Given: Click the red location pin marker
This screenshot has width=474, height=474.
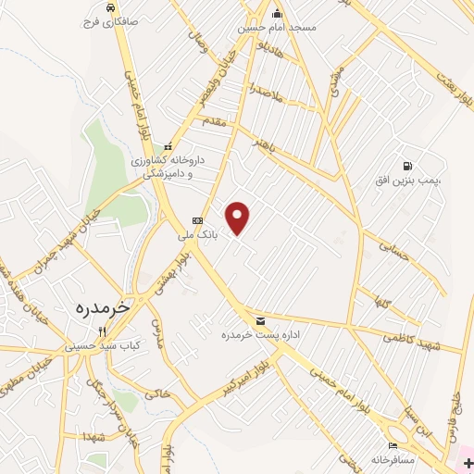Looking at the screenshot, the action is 239,217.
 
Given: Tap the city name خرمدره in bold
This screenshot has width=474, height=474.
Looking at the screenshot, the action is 103,305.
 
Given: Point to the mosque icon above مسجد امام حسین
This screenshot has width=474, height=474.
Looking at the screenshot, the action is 277,13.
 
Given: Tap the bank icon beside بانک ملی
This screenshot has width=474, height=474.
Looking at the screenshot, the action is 196,220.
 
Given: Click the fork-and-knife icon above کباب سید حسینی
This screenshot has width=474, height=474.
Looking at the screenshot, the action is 104,331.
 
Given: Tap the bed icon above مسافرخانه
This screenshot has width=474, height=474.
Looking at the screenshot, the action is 393,445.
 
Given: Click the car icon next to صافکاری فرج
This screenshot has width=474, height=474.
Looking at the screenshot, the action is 110,6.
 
